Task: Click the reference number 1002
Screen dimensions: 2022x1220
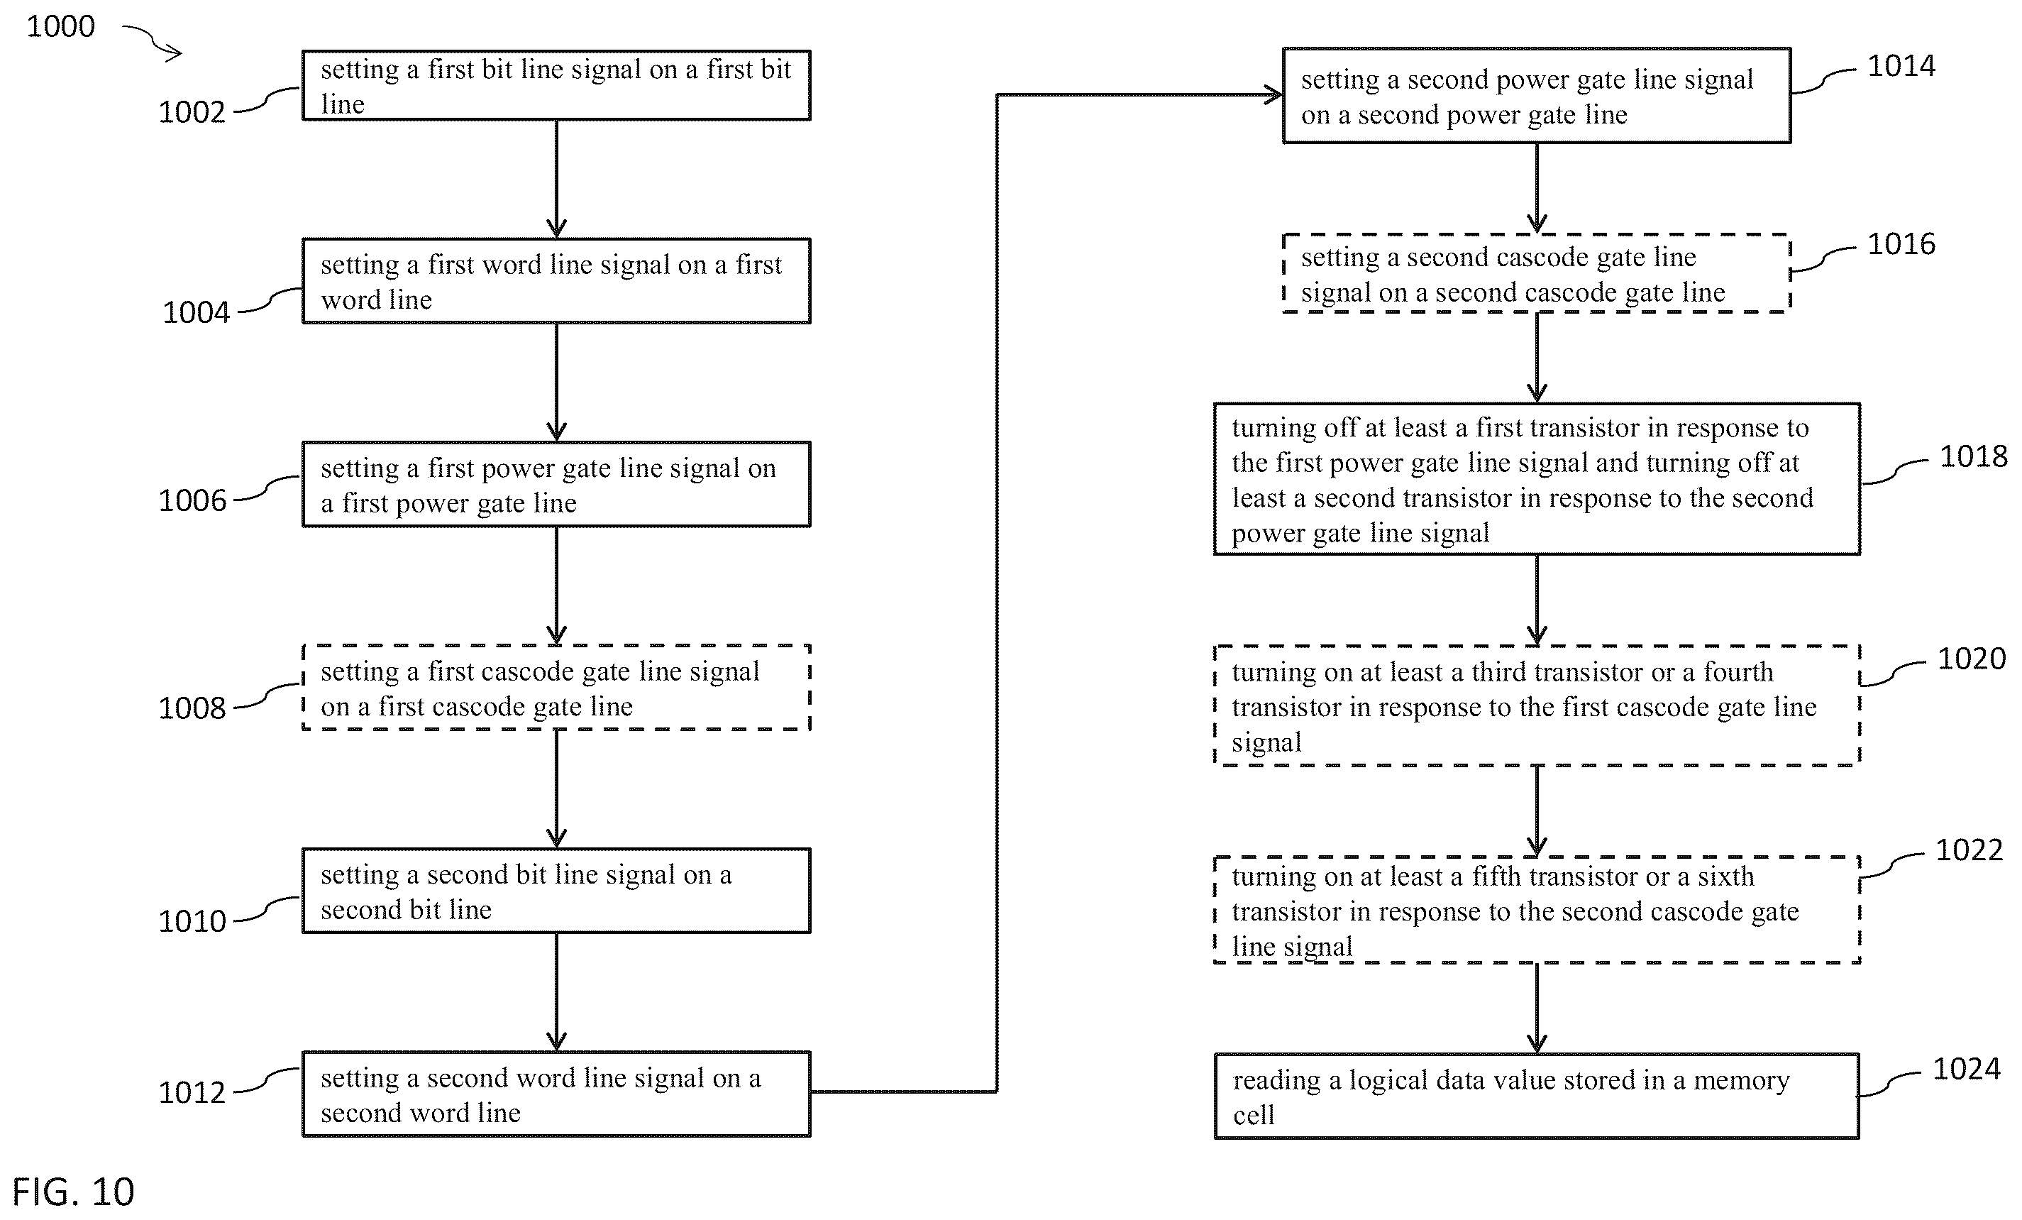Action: tap(192, 111)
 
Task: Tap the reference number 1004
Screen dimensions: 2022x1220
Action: tap(195, 312)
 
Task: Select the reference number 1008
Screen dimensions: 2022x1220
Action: tap(192, 708)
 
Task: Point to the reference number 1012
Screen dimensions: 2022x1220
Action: tap(192, 1092)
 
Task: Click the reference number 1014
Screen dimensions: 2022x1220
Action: tap(1901, 66)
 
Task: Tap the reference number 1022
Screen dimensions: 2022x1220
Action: tap(1969, 850)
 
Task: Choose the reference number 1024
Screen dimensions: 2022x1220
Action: tap(1966, 1068)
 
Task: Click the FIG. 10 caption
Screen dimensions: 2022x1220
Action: tap(73, 1192)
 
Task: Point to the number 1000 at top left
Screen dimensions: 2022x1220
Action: tap(61, 26)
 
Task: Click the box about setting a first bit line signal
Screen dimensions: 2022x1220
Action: tap(556, 85)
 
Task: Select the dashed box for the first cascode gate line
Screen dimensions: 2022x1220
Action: tap(556, 688)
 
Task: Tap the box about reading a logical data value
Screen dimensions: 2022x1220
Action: tap(1537, 1096)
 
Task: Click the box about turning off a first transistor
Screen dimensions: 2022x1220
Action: tap(1537, 480)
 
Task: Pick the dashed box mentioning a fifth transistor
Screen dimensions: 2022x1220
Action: tap(1537, 910)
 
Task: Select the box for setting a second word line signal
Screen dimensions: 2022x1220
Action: tap(556, 1094)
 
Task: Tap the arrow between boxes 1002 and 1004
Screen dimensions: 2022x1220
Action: tap(556, 179)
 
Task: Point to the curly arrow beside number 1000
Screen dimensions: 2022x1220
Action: tap(153, 41)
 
